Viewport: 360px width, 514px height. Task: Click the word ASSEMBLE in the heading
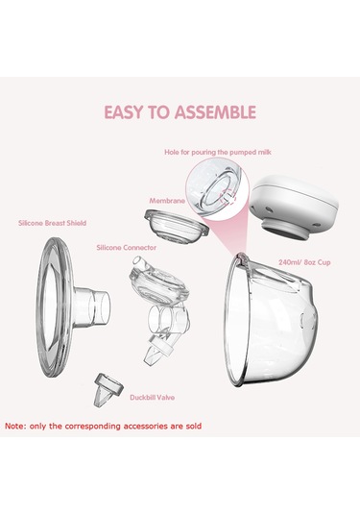click(215, 112)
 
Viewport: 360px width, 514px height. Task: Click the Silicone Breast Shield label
click(53, 223)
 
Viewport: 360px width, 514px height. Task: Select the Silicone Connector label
click(127, 248)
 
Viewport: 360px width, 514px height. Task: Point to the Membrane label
click(167, 201)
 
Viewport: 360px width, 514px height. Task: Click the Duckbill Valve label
click(152, 398)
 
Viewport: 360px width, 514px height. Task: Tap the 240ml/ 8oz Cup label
click(304, 262)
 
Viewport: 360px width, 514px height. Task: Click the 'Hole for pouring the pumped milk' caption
click(218, 152)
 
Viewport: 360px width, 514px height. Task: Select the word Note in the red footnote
click(14, 427)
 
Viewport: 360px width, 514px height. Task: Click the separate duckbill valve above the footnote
click(108, 389)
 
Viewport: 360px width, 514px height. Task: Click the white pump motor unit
click(294, 208)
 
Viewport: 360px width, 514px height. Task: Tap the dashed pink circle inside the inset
click(228, 198)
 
